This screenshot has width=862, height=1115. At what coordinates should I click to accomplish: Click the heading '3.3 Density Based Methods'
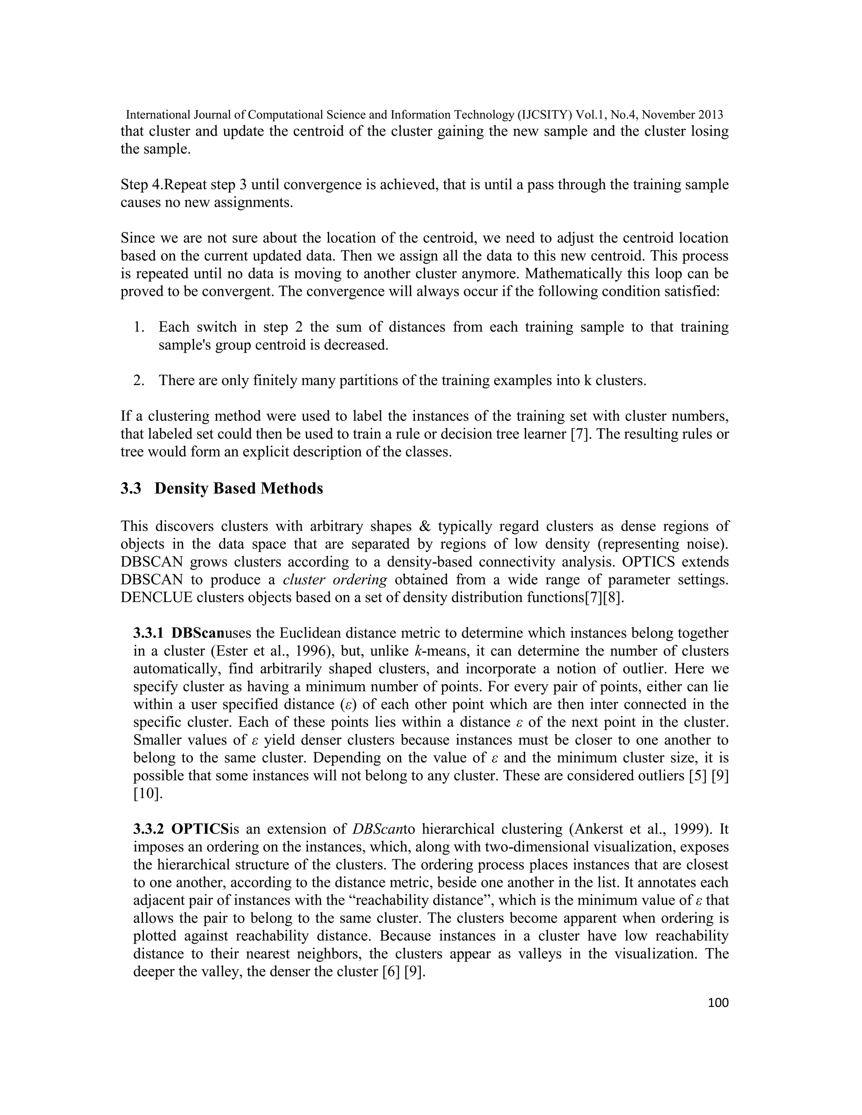pos(222,488)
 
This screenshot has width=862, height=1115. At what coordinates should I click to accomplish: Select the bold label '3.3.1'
pos(149,634)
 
